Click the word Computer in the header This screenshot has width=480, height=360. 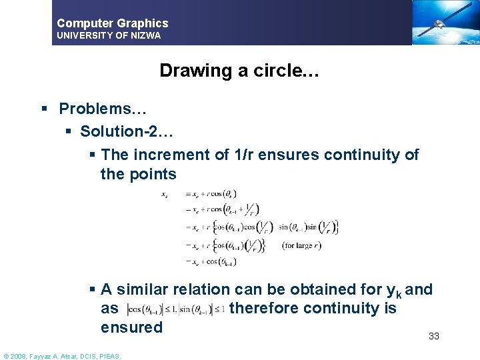pyautogui.click(x=83, y=23)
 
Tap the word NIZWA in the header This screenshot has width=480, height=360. pyautogui.click(x=145, y=35)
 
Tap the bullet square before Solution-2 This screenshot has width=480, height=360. pyautogui.click(x=68, y=131)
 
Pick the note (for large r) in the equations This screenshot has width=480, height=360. pyautogui.click(x=302, y=245)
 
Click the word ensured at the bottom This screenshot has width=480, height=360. pyautogui.click(x=131, y=327)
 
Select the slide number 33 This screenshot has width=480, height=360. pyautogui.click(x=433, y=337)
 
